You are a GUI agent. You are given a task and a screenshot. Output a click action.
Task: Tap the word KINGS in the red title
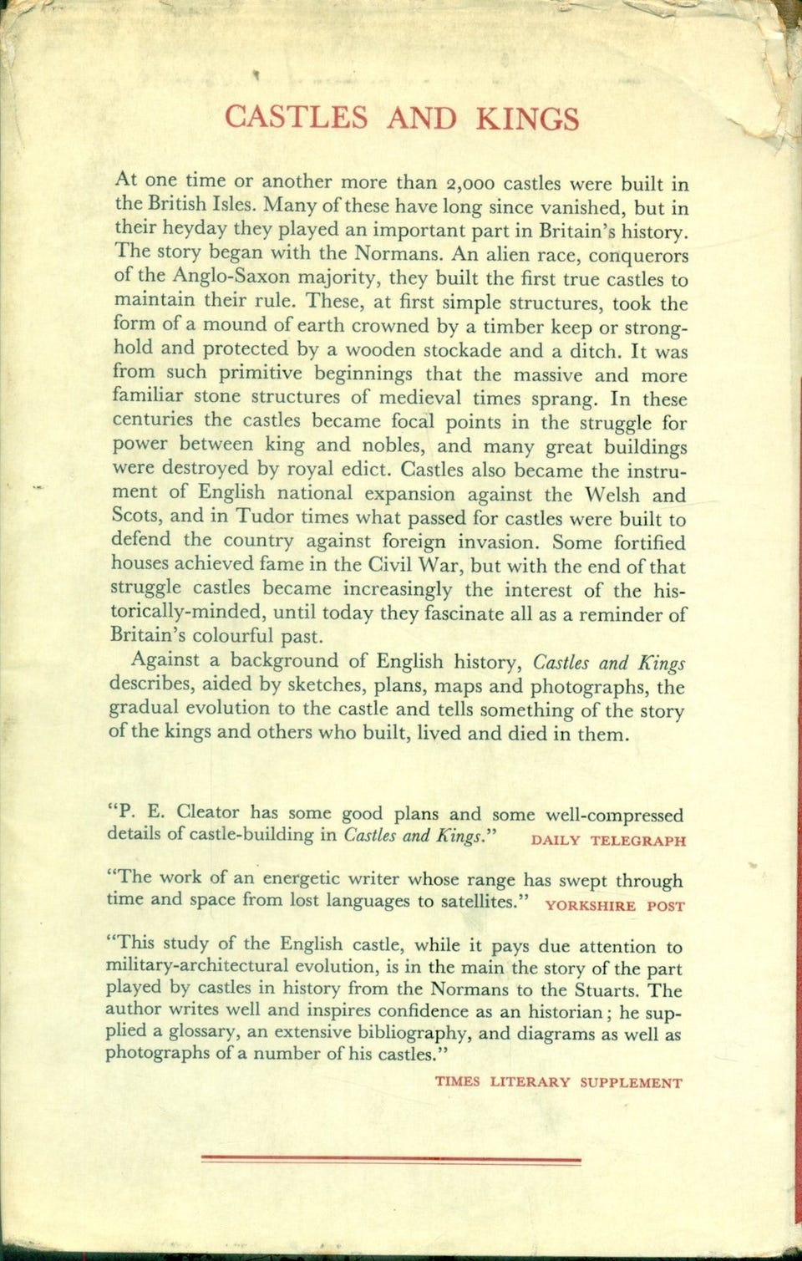coord(527,119)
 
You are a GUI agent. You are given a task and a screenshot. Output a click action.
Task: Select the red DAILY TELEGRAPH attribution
coord(608,841)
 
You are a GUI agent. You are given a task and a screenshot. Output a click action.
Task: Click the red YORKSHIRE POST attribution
coord(614,905)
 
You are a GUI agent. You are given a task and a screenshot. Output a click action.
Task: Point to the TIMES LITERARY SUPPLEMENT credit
coord(558,1082)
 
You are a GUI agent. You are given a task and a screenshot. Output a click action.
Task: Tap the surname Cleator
coord(208,811)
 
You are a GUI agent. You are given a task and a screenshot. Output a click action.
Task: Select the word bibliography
coord(411,1034)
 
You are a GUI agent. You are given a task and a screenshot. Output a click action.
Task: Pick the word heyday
coord(189,229)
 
